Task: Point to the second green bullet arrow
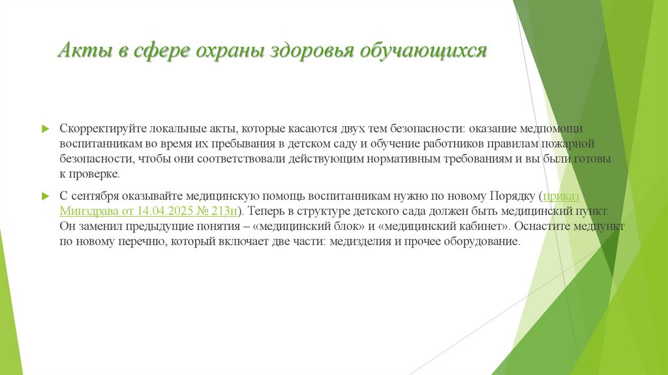pos(45,195)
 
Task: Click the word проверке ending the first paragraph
pos(99,174)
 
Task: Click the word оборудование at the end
pos(481,241)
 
